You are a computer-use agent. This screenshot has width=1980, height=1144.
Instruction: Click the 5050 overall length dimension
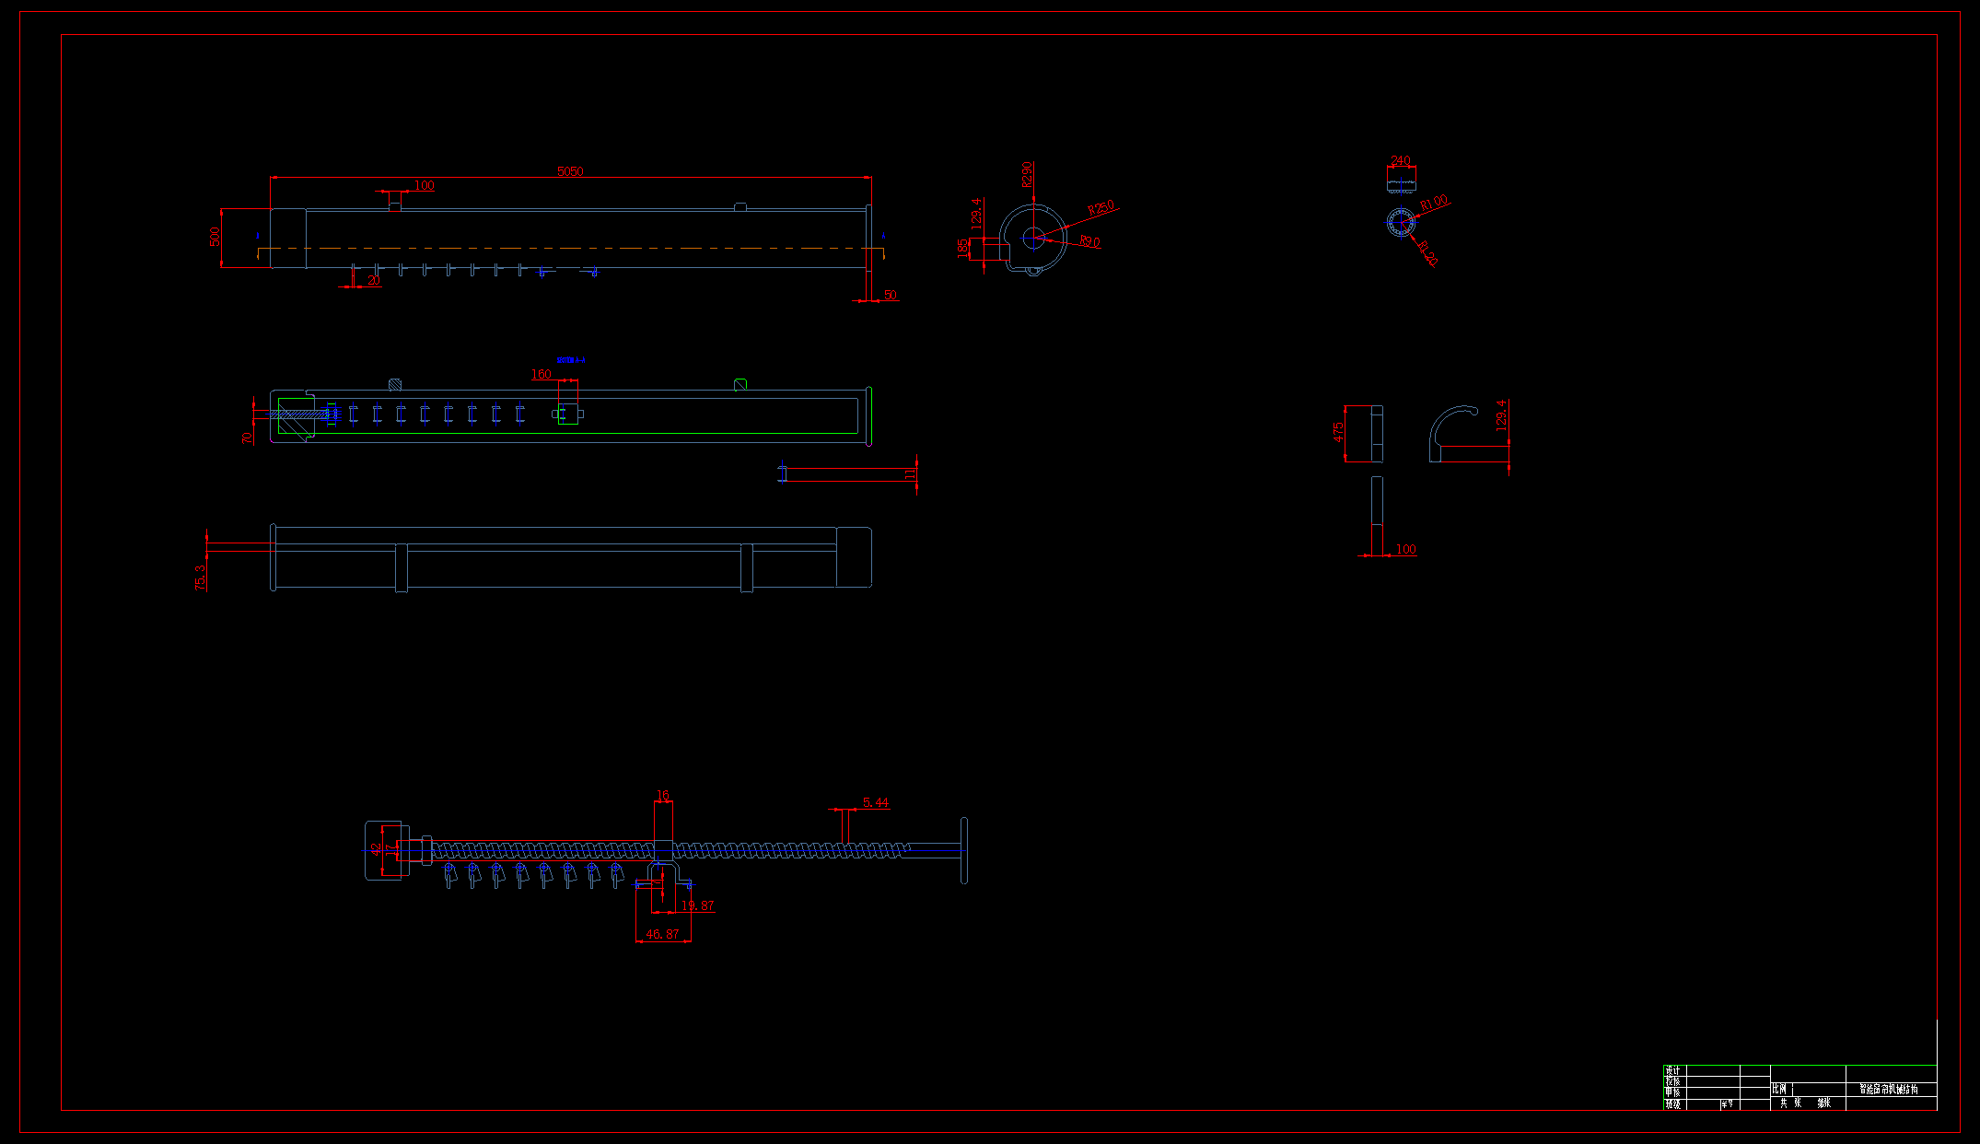pos(570,171)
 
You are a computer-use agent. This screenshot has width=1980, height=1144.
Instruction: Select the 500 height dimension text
pos(215,237)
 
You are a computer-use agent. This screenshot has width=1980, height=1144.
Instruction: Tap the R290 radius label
pos(1027,174)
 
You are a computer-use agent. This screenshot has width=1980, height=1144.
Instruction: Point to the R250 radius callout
pos(1101,208)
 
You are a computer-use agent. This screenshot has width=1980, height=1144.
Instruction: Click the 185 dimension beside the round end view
pos(962,247)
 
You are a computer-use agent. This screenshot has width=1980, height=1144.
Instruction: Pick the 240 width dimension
pos(1400,160)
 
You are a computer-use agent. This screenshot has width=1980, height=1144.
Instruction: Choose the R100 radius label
pos(1434,203)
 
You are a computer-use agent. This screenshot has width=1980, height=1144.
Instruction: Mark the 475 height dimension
pos(1338,432)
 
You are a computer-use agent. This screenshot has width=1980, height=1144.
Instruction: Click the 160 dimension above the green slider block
pos(541,374)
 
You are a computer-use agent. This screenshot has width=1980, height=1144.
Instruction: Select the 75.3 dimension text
pos(201,578)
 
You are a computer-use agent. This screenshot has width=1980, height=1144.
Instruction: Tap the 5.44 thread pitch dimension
pos(876,802)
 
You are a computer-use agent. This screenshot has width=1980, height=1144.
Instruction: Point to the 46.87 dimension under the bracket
pos(662,934)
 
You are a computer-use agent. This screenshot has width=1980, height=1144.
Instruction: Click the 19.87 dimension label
pos(697,905)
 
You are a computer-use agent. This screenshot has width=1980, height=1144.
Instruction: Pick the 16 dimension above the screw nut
pos(662,795)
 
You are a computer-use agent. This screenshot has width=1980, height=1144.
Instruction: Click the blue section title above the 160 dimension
pos(571,360)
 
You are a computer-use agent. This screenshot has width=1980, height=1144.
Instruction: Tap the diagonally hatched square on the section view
pos(395,384)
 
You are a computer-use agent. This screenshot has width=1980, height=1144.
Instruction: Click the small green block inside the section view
pos(568,414)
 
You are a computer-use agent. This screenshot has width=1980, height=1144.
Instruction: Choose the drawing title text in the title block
pos(1888,1089)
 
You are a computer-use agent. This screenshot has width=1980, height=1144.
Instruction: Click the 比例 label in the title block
pos(1779,1089)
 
